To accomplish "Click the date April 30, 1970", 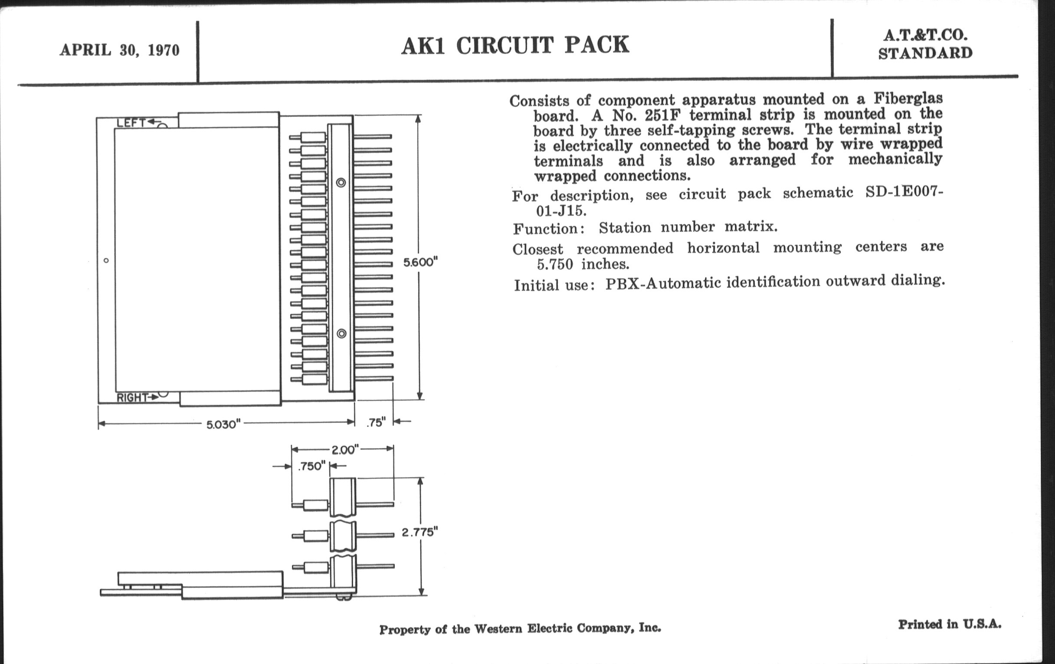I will (120, 50).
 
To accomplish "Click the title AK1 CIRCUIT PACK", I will (515, 46).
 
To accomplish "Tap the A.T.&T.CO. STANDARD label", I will (925, 44).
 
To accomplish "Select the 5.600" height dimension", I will (420, 262).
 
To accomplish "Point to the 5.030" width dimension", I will (223, 424).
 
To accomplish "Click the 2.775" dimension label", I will (419, 532).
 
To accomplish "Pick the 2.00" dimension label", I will (345, 450).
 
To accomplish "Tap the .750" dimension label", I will (311, 466).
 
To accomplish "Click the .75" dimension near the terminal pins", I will (376, 422).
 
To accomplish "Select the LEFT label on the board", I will (131, 123).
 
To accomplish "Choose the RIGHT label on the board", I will (132, 398).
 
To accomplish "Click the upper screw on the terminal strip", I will (341, 182).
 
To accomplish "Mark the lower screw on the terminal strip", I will (341, 334).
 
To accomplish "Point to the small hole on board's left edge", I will (106, 261).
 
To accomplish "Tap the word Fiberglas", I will (908, 98).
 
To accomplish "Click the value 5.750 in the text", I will (555, 264).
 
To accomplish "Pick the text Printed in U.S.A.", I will (950, 624).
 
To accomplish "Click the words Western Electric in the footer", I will (523, 629).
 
